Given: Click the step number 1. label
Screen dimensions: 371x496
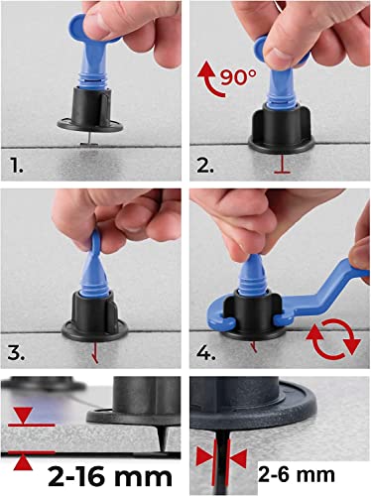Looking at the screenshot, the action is click(16, 167).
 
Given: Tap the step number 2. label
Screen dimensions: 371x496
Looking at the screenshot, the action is click(205, 166).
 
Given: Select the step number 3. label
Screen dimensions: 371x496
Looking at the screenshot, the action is click(16, 353).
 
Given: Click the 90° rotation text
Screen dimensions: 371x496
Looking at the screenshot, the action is click(238, 77).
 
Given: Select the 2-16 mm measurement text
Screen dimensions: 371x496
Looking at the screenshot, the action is click(110, 477).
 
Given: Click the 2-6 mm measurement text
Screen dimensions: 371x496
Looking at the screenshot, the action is click(297, 474).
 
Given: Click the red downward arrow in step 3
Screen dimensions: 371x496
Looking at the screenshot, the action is click(95, 352).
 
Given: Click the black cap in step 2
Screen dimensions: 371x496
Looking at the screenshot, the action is click(282, 129).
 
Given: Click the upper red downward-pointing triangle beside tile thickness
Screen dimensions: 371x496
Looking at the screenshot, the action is click(24, 416).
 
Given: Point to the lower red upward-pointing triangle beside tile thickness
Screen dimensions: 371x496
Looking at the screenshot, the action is click(24, 462).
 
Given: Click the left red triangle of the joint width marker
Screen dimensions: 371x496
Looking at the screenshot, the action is click(204, 458).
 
